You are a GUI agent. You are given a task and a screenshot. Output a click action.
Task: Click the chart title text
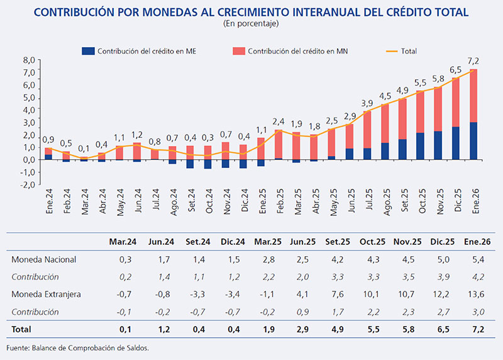[x=251, y=12]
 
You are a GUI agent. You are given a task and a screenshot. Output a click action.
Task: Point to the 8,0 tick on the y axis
[x=29, y=60]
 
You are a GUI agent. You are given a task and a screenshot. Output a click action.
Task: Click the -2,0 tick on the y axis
[x=29, y=185]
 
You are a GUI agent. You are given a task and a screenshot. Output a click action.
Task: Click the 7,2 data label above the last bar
[x=473, y=61]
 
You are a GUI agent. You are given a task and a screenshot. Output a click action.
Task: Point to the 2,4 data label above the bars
[x=279, y=121]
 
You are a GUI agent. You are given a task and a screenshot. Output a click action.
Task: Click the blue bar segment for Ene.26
[x=473, y=141]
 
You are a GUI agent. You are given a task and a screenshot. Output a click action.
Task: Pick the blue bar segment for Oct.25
[x=420, y=146]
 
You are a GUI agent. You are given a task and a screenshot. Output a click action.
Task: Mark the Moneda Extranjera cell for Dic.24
[x=231, y=294]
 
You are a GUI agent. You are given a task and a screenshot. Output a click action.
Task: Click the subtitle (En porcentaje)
[x=251, y=24]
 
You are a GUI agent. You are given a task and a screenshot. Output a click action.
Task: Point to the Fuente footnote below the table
[x=79, y=347]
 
